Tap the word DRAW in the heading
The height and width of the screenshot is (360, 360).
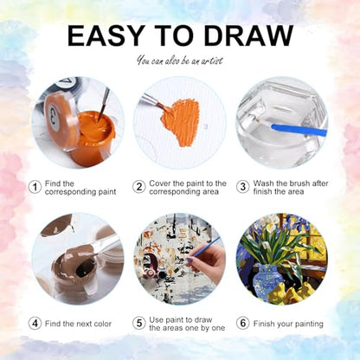(250, 35)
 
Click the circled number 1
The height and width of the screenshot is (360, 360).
(35, 188)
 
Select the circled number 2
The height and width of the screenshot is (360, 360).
(139, 187)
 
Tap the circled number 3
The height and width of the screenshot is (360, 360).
(243, 187)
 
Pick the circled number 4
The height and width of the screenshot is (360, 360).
(35, 324)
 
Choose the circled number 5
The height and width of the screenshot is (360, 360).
(139, 324)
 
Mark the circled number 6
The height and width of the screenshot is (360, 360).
(243, 324)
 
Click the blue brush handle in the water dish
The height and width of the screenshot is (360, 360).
(299, 130)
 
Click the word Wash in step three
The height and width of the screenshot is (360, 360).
(263, 183)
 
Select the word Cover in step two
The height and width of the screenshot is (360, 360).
(159, 183)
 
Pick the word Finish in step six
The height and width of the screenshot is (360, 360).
(263, 324)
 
